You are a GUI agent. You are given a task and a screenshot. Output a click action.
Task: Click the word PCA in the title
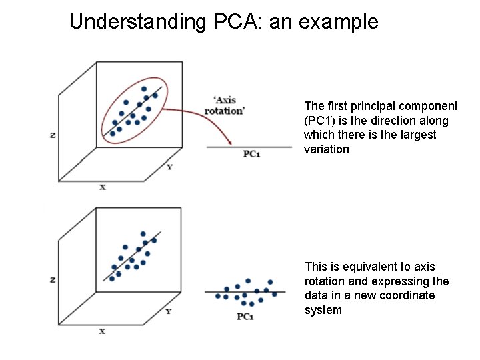point(237,22)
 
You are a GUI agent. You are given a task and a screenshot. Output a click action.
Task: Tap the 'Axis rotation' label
point(224,106)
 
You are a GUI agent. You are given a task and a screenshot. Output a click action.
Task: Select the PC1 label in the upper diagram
point(252,154)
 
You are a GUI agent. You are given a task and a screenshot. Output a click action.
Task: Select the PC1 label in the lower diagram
point(245,316)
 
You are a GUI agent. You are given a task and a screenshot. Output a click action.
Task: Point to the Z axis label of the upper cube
point(52,135)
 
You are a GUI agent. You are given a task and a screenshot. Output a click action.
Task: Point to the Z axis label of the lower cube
point(52,280)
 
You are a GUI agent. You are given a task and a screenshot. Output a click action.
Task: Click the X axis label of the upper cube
point(103,187)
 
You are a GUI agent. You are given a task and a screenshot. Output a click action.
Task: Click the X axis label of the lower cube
point(102,331)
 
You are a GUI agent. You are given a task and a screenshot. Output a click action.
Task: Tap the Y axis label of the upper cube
point(169,167)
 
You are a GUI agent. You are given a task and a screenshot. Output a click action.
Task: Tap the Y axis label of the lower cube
point(169,311)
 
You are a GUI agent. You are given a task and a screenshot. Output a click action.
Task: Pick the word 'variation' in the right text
point(326,149)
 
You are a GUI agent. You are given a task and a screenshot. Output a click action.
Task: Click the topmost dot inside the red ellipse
point(144,89)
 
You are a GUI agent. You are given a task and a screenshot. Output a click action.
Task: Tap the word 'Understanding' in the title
point(138,22)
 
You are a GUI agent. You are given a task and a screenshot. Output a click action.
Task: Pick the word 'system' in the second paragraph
point(323,310)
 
